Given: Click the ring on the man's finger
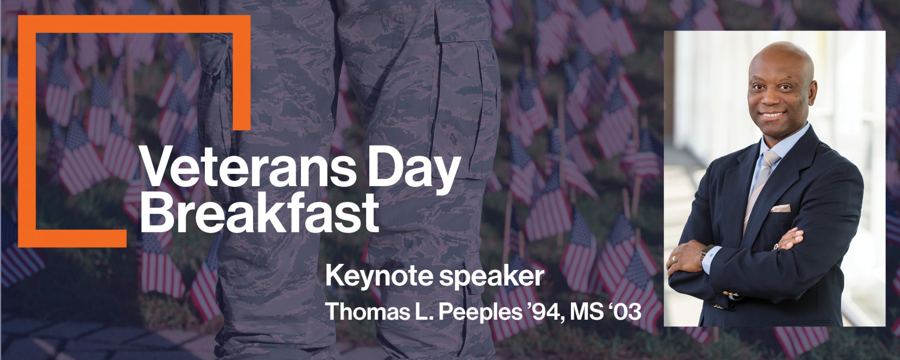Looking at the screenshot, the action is tap(674, 258).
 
